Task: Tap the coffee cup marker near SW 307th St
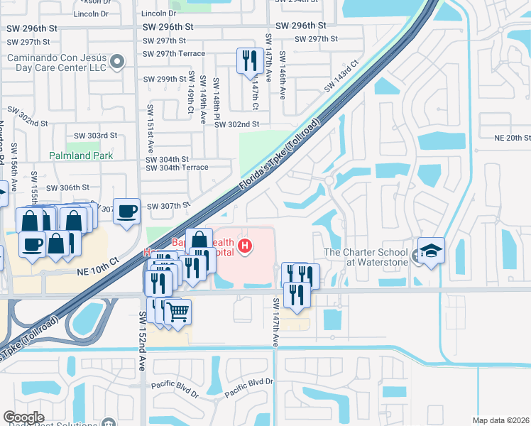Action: tap(126, 211)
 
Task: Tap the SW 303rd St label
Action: tap(95, 136)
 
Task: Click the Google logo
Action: tap(23, 417)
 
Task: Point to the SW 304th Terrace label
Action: tap(177, 168)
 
